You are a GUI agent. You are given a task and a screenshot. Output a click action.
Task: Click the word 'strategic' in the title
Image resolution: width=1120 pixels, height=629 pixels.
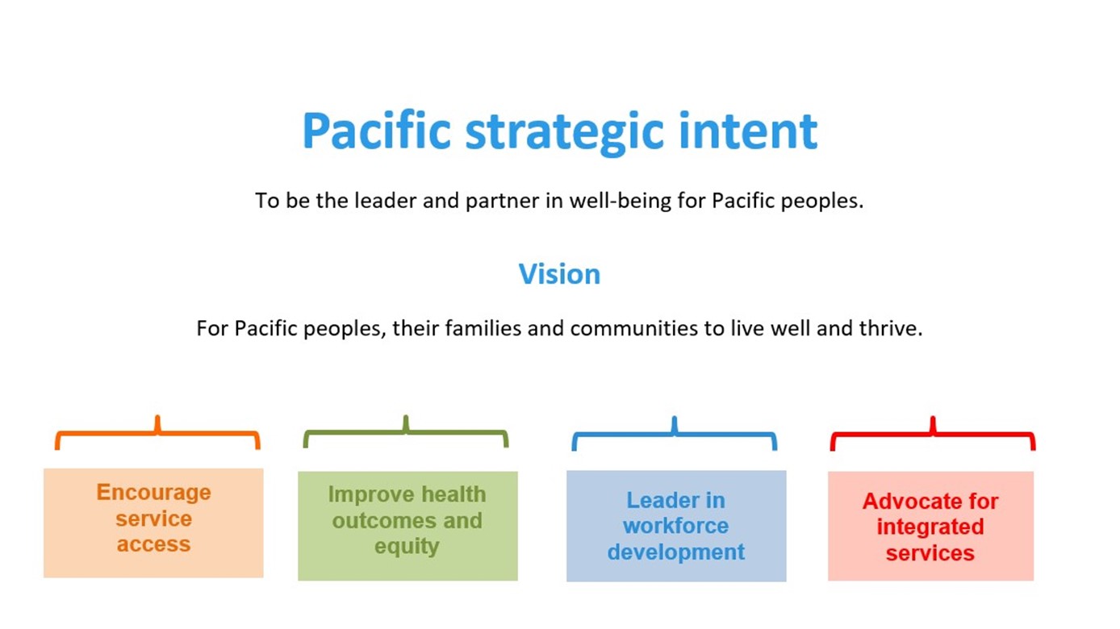(x=565, y=132)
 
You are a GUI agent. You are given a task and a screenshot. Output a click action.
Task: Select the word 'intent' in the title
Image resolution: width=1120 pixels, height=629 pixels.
(x=748, y=130)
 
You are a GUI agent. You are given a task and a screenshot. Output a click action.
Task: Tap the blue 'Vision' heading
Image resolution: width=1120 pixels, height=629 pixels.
(x=559, y=274)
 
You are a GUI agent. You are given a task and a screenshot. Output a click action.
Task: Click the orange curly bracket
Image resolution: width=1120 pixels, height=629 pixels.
(x=157, y=433)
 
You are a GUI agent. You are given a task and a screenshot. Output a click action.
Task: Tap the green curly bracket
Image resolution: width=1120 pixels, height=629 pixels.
(x=406, y=432)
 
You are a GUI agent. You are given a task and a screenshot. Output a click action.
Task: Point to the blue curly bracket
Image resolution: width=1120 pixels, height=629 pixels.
(x=674, y=434)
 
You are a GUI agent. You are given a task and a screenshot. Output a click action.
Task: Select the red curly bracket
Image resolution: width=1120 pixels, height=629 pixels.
(x=933, y=434)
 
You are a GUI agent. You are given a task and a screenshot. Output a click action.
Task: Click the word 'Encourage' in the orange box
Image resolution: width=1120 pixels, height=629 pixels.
(x=153, y=493)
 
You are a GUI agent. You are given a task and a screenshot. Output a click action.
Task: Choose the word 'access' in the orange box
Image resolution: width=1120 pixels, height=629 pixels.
(x=153, y=544)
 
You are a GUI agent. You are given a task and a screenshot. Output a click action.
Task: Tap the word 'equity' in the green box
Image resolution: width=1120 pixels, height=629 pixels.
(x=407, y=547)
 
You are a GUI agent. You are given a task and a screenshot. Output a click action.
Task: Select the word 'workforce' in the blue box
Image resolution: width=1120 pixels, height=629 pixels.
(x=675, y=526)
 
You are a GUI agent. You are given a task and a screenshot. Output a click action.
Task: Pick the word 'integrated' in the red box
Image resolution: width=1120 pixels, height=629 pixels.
(x=930, y=527)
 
